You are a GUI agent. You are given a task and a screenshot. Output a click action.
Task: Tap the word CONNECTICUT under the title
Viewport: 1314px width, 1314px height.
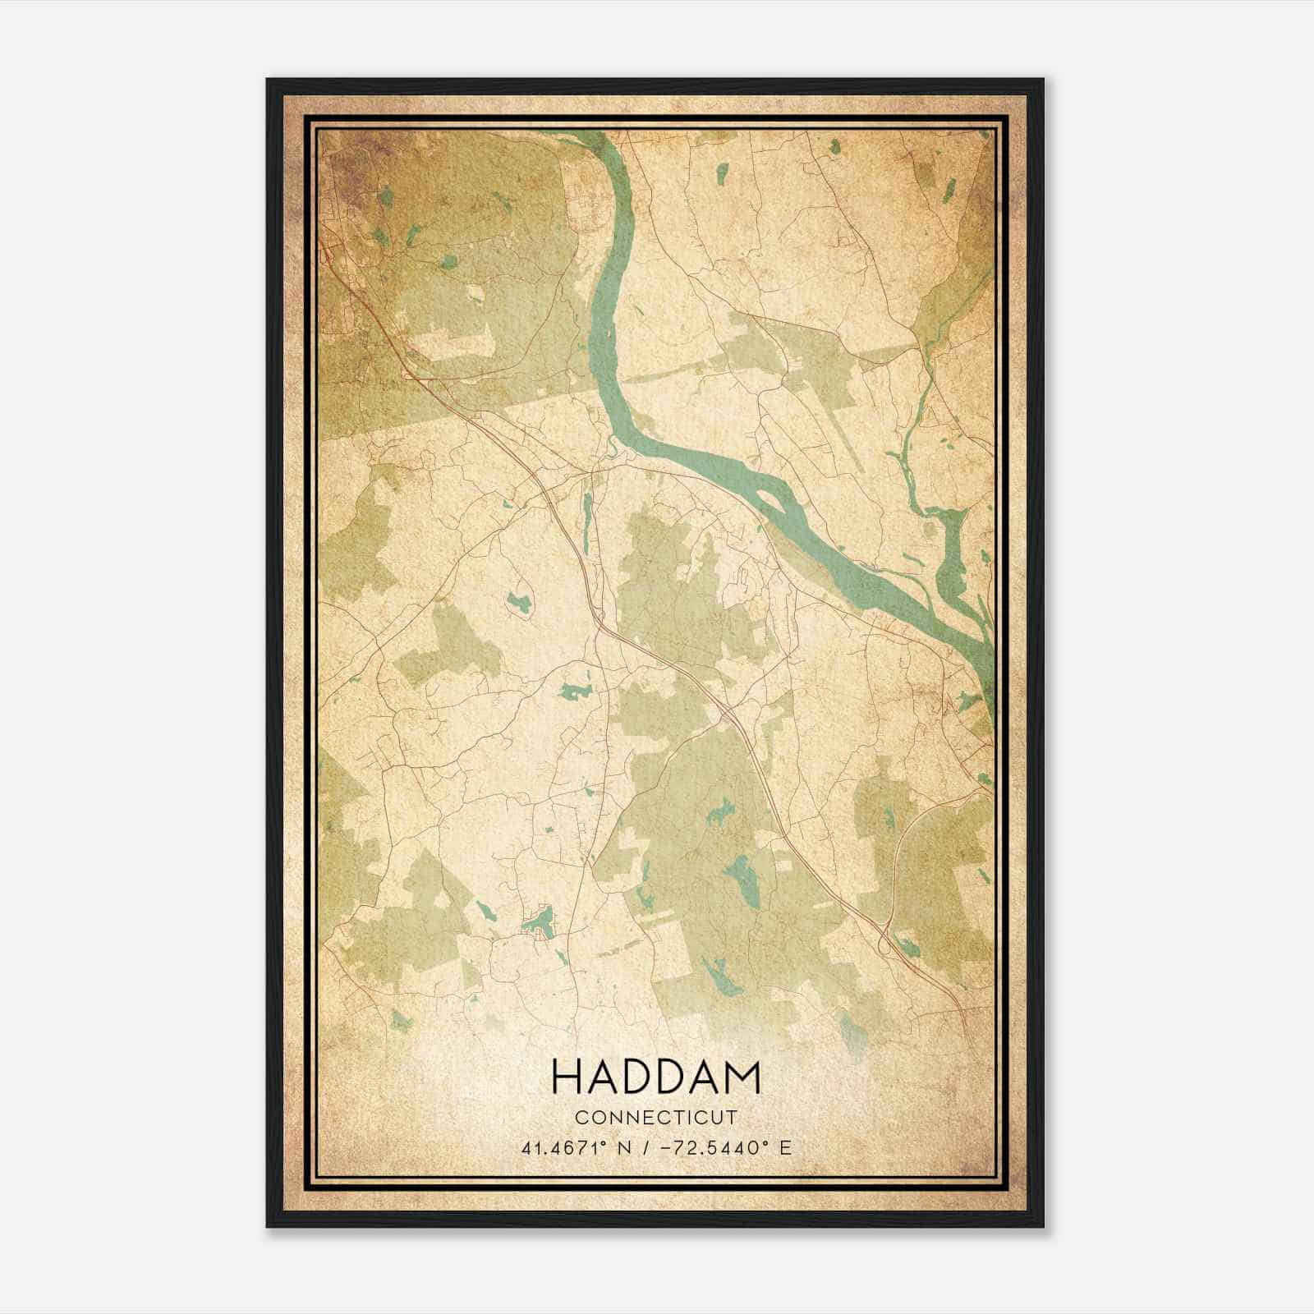click(x=656, y=1118)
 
